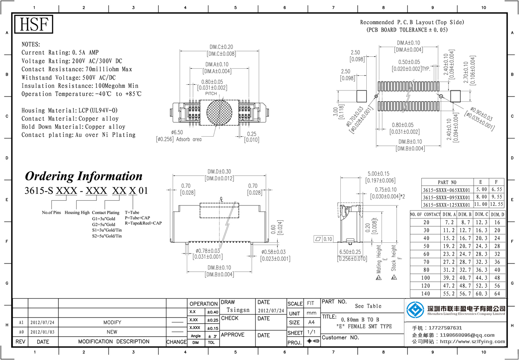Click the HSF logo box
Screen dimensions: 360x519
(34, 25)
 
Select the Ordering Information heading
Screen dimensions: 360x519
(83, 176)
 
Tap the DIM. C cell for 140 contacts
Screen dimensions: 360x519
(481, 294)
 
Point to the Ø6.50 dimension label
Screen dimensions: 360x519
(177, 132)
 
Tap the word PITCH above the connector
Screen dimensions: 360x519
(211, 93)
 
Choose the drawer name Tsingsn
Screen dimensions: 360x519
(238, 310)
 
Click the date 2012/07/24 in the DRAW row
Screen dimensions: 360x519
(271, 311)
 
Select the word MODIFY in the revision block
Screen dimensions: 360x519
(112, 322)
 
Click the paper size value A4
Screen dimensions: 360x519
(311, 322)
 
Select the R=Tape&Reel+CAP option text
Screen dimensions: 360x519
(143, 223)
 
